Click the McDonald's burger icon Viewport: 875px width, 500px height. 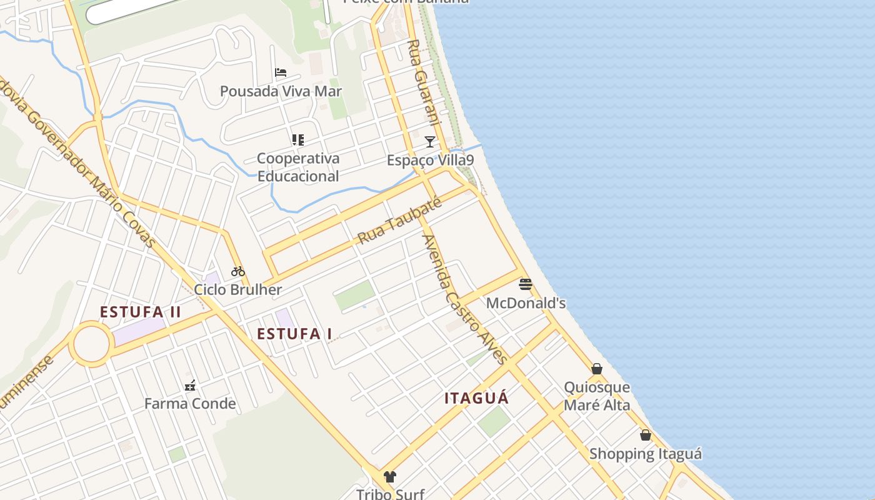point(526,285)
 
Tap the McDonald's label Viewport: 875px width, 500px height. point(526,303)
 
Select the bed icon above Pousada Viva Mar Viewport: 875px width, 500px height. point(281,72)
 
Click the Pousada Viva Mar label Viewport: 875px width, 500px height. point(281,91)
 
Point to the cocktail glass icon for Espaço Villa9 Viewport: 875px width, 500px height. point(430,142)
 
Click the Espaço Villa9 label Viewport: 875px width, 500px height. point(430,161)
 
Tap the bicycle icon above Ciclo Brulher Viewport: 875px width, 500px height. point(238,271)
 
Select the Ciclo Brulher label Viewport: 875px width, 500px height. point(238,290)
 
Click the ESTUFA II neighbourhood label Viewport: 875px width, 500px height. point(141,311)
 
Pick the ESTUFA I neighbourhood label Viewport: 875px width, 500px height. point(294,334)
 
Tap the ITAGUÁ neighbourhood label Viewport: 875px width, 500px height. point(477,398)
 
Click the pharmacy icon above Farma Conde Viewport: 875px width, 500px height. point(190,386)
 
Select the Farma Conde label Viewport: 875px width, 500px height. point(190,404)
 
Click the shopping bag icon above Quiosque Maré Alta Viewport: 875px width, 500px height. point(597,369)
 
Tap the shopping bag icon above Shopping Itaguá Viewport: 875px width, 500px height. point(646,435)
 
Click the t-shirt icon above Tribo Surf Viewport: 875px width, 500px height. point(390,477)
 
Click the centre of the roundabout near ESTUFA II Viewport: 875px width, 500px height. point(91,344)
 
